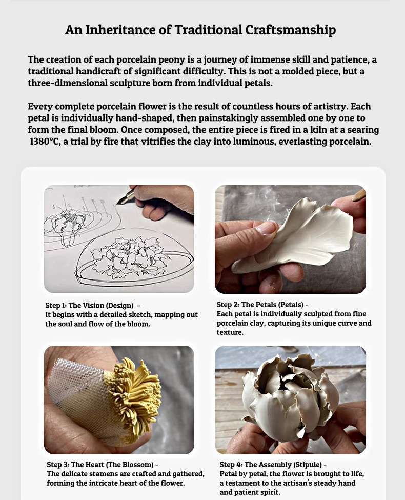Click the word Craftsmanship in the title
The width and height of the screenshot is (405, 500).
pyautogui.click(x=291, y=30)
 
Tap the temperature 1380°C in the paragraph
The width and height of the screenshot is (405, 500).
pyautogui.click(x=45, y=141)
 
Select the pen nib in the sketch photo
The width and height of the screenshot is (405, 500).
pyautogui.click(x=122, y=199)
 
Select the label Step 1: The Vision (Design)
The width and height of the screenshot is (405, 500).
pyautogui.click(x=89, y=305)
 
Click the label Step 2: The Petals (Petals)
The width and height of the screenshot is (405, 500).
pyautogui.click(x=260, y=304)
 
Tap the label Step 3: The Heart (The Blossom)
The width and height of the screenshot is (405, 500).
pyautogui.click(x=100, y=464)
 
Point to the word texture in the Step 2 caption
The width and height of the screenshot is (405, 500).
pyautogui.click(x=229, y=332)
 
